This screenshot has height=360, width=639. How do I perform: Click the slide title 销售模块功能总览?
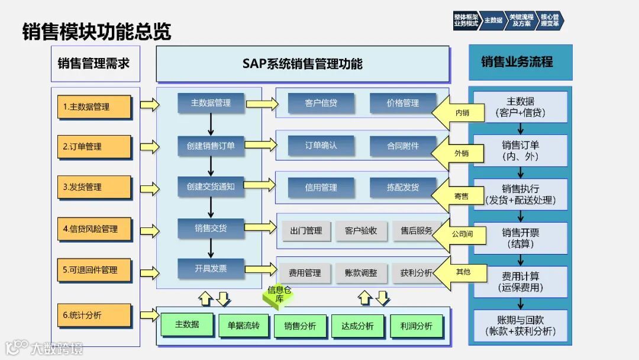[96, 31]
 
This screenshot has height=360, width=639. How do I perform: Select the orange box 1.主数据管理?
[95, 107]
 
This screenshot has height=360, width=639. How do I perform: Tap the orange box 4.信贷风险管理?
[95, 229]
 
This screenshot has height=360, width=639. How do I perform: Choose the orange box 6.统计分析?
[95, 316]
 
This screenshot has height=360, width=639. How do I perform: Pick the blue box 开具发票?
[211, 269]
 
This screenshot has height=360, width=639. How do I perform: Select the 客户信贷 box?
[321, 103]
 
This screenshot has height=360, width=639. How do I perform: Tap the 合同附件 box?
[403, 146]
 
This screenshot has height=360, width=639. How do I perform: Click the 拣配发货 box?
[403, 187]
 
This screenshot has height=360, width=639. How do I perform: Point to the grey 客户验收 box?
[360, 231]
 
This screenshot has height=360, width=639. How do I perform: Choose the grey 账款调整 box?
[360, 273]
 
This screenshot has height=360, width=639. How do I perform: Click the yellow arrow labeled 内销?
[456, 112]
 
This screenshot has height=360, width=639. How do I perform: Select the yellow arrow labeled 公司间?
[456, 234]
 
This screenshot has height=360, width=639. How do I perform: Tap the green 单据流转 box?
[243, 326]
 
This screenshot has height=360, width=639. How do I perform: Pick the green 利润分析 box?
[416, 326]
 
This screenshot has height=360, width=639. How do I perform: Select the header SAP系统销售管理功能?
[302, 64]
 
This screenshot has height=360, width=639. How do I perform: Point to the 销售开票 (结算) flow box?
[521, 238]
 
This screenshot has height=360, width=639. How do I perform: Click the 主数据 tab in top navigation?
[493, 20]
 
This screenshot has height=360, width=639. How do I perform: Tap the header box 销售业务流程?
[520, 62]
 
